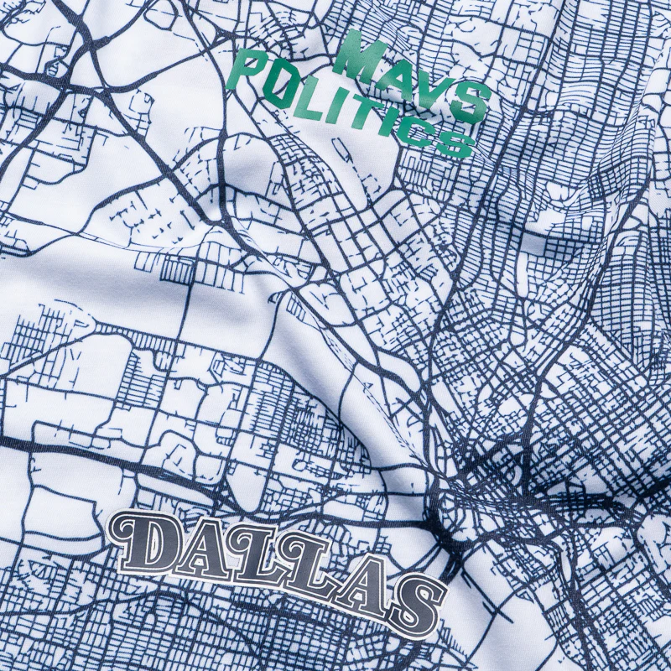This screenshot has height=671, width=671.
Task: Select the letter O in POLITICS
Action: (280, 84)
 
